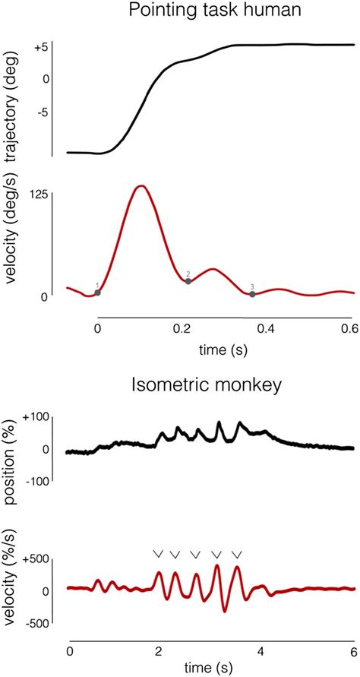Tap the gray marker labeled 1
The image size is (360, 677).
(x=97, y=293)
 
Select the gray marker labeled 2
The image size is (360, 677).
(x=188, y=281)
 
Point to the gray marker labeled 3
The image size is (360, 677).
(x=252, y=294)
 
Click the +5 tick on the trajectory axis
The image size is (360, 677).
(x=41, y=47)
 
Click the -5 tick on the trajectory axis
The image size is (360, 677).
(x=41, y=112)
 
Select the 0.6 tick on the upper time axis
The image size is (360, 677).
(x=349, y=329)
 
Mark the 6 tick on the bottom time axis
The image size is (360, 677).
(x=352, y=652)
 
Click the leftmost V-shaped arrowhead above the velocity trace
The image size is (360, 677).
(x=158, y=554)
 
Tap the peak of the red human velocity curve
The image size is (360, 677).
(x=140, y=185)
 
